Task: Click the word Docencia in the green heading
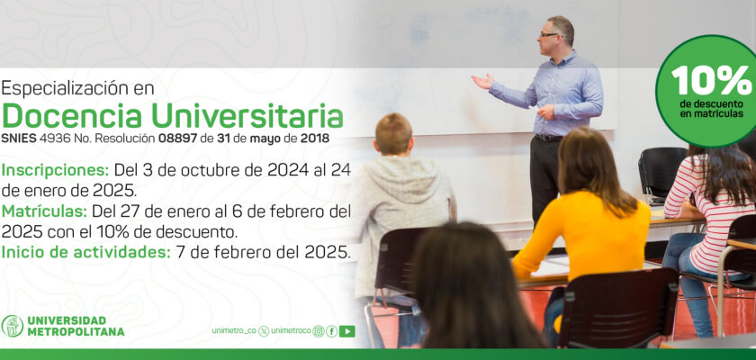(x=72, y=116)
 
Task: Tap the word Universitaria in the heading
(x=247, y=116)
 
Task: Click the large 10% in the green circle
(x=711, y=80)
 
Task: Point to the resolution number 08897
(x=178, y=139)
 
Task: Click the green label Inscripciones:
(x=56, y=170)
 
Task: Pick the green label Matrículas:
(x=44, y=211)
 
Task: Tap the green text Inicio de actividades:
(x=86, y=252)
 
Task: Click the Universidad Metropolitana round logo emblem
(x=12, y=327)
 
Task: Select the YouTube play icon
(x=347, y=331)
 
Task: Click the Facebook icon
(x=332, y=331)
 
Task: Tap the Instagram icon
(x=319, y=331)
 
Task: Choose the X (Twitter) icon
(x=264, y=331)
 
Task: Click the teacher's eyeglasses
(x=549, y=35)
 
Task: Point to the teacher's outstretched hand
(x=482, y=81)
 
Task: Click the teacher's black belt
(x=548, y=138)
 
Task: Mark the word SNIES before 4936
(x=19, y=139)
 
